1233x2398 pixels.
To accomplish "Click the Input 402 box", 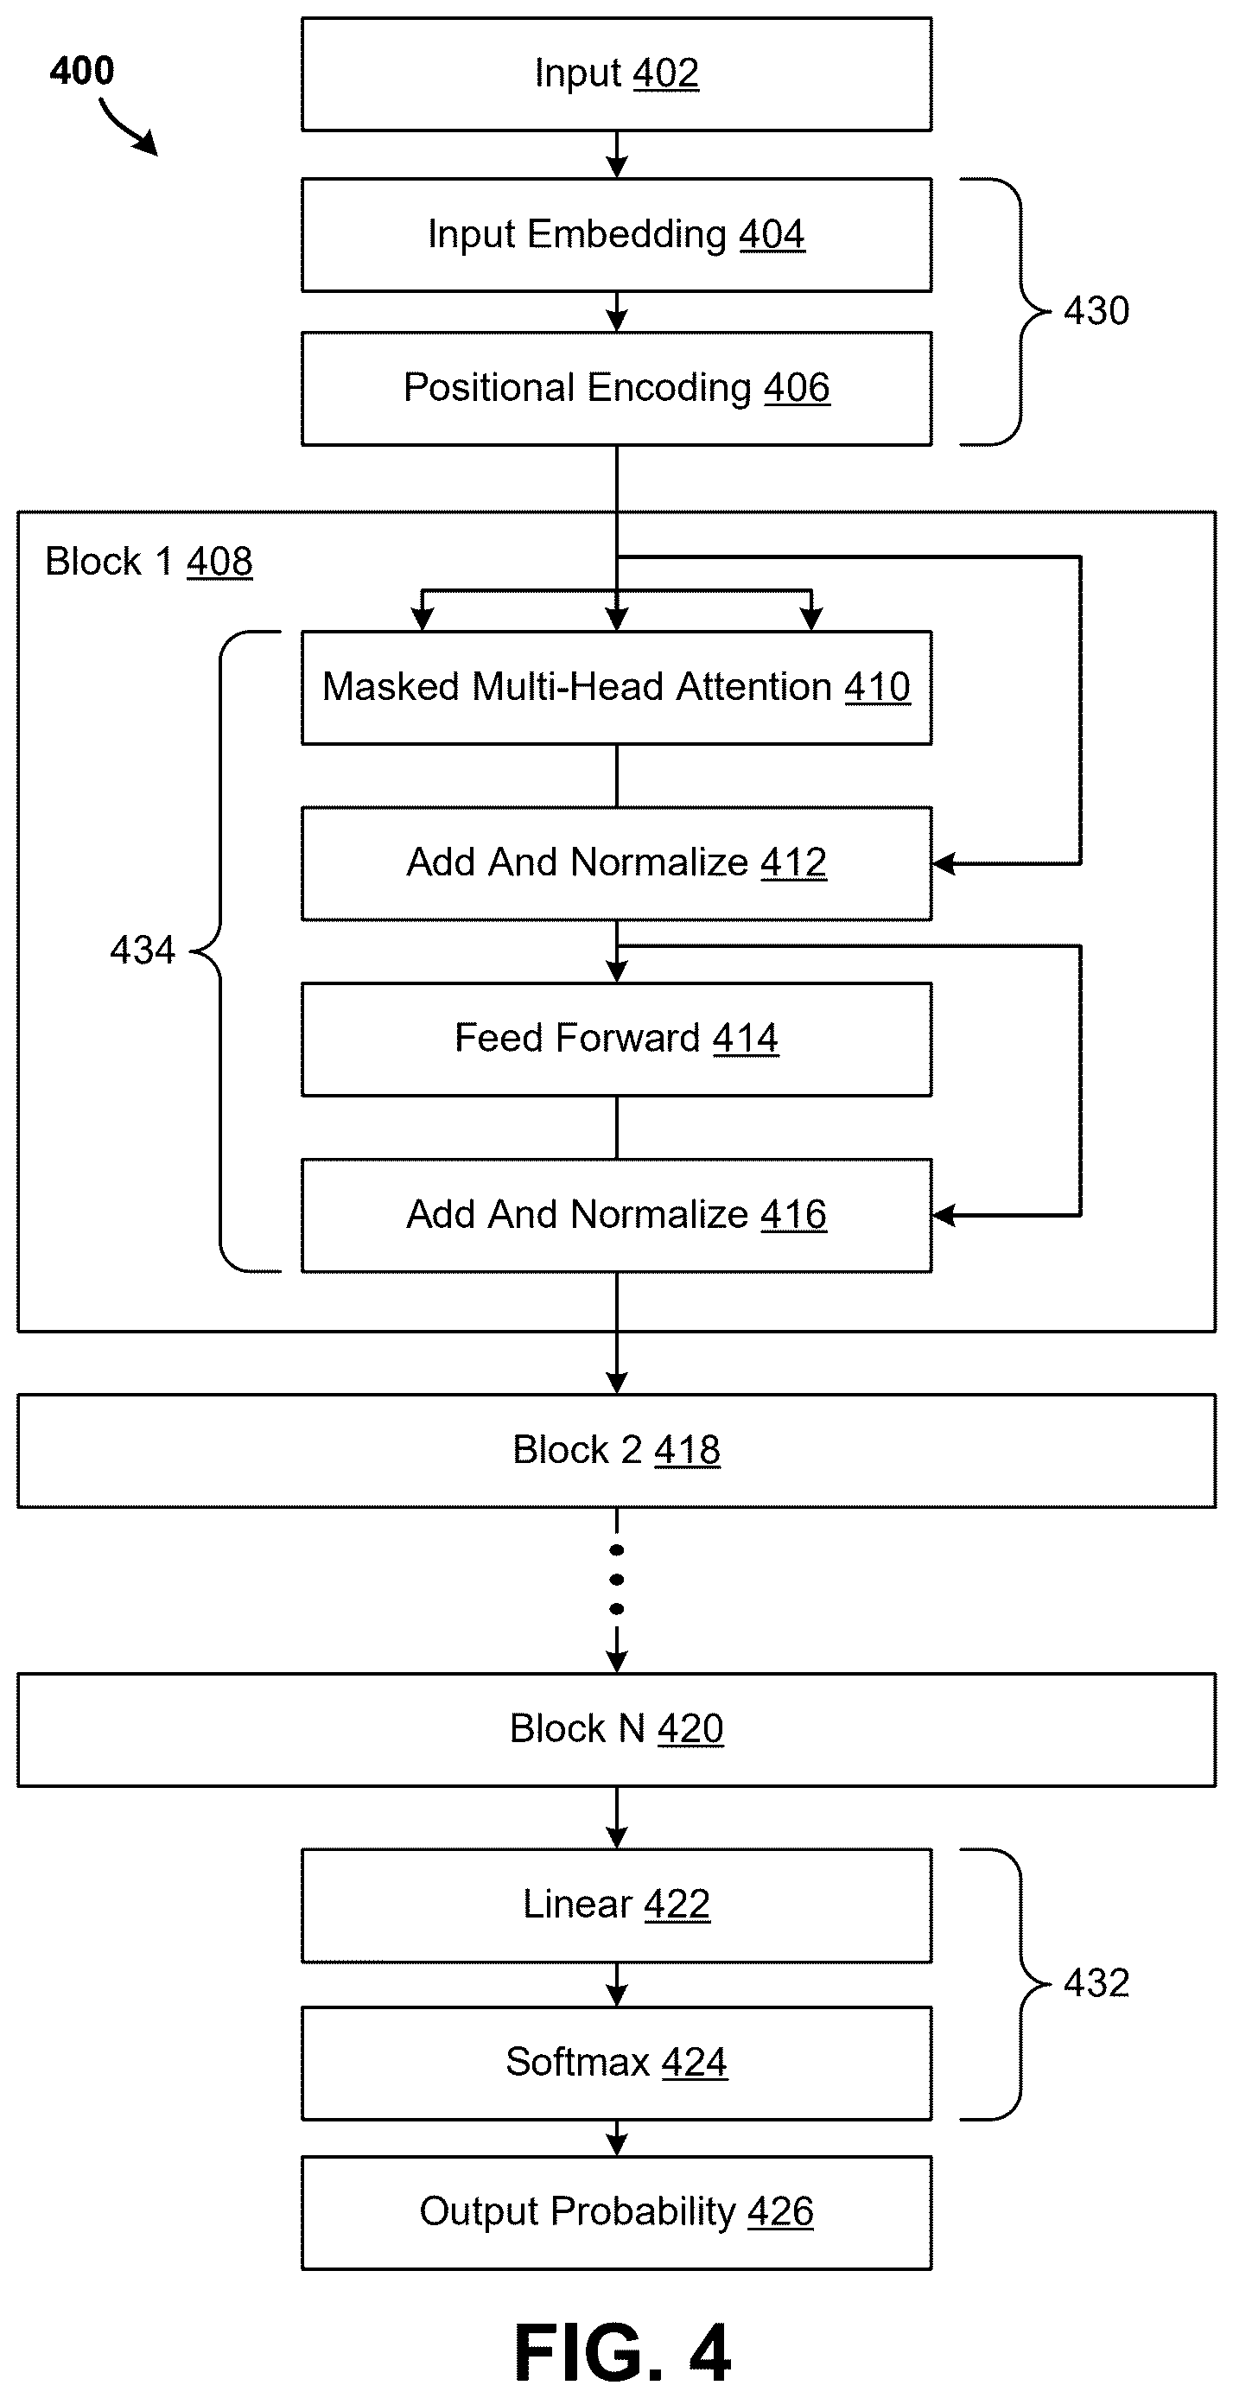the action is (616, 73).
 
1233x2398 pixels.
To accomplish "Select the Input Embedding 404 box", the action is (616, 234).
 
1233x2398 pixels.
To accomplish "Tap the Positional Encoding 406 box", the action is (616, 388).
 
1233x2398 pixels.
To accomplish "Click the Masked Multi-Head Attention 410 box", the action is (616, 688).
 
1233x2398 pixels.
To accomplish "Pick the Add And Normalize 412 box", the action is (616, 864).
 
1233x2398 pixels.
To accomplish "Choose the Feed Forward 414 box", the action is (616, 1039).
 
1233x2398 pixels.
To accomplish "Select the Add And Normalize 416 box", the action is (616, 1215).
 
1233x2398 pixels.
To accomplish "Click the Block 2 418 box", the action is (616, 1450).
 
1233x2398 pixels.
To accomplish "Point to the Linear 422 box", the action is (616, 1905).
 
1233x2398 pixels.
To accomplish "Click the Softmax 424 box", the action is (616, 2064).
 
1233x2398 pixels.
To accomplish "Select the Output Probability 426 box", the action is (616, 2213).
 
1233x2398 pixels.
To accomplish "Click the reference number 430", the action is (1096, 311).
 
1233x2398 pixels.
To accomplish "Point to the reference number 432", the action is (1096, 1984).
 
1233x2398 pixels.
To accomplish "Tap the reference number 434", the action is (143, 951).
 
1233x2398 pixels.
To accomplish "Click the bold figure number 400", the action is (82, 71).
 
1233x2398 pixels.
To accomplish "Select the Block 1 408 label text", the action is (149, 562).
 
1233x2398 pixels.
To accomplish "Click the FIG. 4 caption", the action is (623, 2352).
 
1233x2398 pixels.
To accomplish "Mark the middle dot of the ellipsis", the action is (616, 1580).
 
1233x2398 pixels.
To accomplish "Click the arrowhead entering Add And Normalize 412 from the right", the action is (944, 864).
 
